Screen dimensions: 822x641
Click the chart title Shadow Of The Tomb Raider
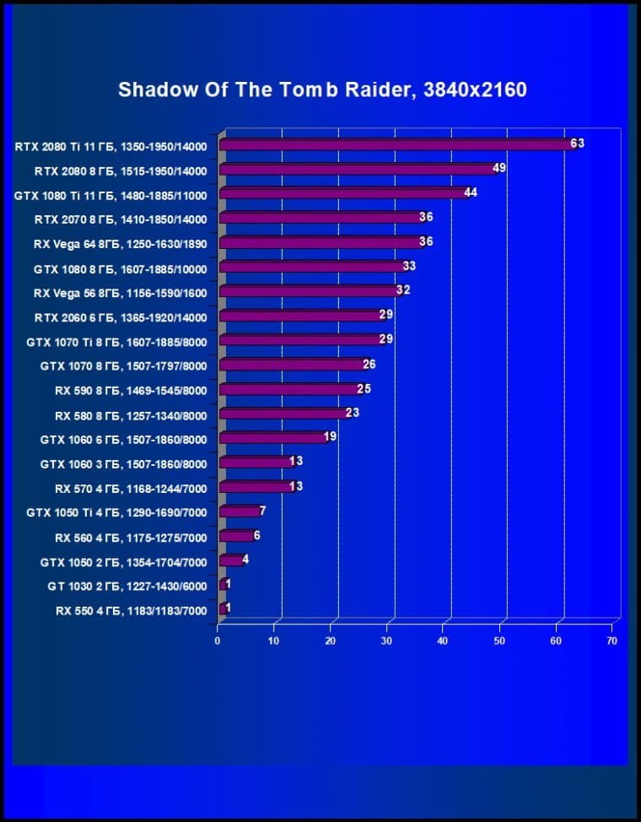322,89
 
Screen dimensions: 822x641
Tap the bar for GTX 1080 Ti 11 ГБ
342,193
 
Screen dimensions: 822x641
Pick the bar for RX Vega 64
320,242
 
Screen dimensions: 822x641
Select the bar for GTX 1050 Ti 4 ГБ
240,511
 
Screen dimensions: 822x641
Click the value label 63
577,143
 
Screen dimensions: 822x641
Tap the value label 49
498,168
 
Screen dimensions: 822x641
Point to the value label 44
471,192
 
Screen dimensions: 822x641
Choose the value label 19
331,437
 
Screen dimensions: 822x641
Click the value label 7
263,511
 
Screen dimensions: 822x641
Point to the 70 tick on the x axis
612,641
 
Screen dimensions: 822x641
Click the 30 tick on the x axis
386,641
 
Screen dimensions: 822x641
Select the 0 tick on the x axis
218,641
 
